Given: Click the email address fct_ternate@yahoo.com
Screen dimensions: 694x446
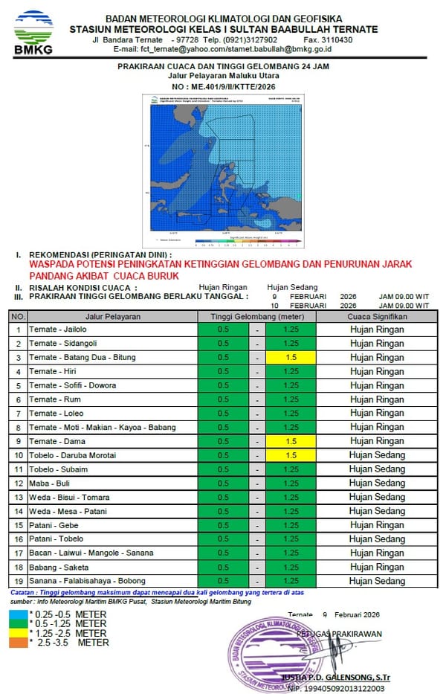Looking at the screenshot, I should tap(169, 49).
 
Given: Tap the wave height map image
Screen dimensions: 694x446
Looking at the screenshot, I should tap(224, 170).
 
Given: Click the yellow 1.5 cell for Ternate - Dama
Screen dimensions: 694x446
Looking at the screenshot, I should tap(291, 441).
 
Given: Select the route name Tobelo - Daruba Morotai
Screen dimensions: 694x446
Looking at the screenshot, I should tap(73, 455).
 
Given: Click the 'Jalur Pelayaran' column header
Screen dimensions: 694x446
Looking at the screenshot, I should tap(113, 316).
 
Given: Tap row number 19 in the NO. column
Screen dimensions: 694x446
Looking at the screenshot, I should tap(18, 580).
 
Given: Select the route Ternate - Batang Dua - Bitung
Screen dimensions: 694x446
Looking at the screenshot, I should tap(83, 358).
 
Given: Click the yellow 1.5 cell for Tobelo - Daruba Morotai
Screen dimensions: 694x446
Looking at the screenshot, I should tap(291, 455).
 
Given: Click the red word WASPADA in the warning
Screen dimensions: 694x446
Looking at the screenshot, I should tap(54, 264).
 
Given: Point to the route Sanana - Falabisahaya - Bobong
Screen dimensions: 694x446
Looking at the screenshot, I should tap(87, 580).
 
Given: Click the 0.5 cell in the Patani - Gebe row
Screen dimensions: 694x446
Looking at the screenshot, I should tap(224, 524).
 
